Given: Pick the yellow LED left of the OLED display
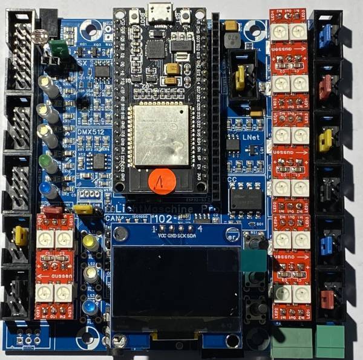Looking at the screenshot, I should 91,243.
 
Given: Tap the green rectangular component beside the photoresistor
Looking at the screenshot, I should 59,47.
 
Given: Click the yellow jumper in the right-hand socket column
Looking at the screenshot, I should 325,140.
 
